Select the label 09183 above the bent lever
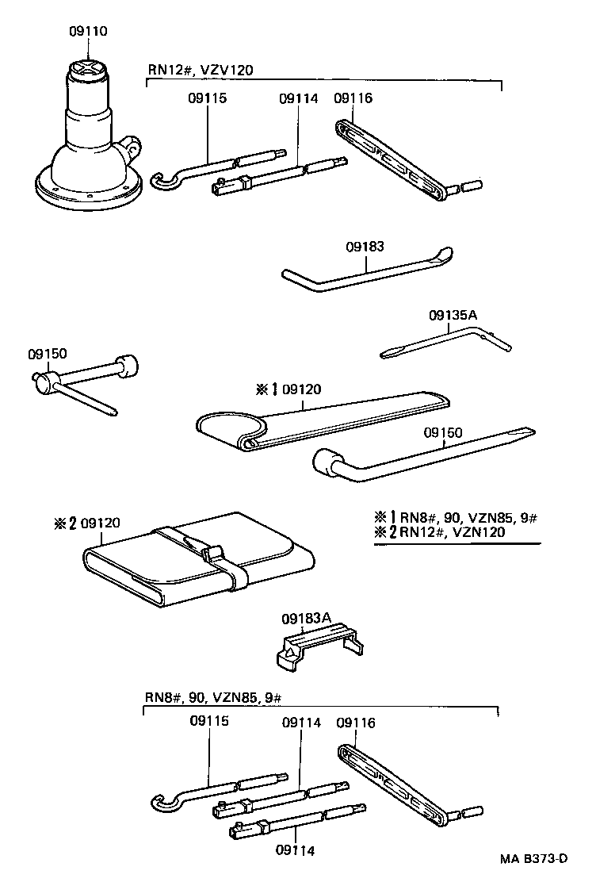click(x=365, y=247)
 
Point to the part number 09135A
click(x=453, y=315)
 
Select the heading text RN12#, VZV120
click(x=200, y=70)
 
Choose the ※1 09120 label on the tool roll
click(x=288, y=389)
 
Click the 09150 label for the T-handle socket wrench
click(x=47, y=354)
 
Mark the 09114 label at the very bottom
click(x=296, y=850)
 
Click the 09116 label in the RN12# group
click(x=353, y=98)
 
